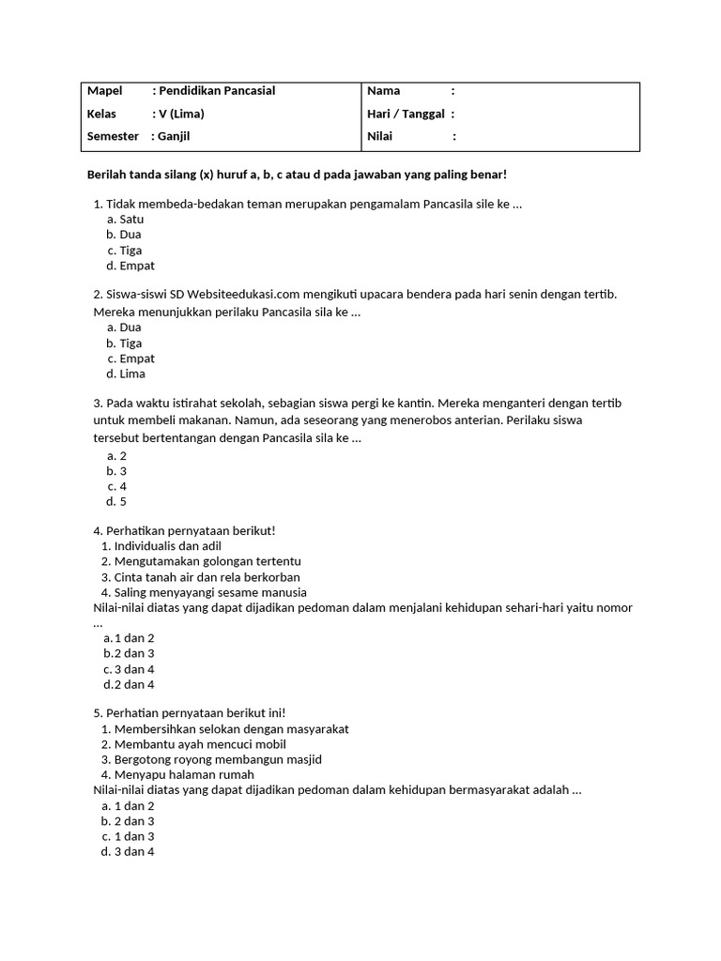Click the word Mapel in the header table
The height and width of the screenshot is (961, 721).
point(104,91)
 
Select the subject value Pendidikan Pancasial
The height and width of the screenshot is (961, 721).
point(217,91)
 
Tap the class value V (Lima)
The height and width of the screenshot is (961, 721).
point(181,114)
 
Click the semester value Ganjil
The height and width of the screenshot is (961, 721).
point(174,136)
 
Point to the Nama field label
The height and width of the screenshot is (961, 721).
point(383,91)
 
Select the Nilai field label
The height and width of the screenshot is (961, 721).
point(379,136)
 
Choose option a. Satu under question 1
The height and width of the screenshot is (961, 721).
point(125,220)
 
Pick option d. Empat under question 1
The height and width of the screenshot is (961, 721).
point(130,266)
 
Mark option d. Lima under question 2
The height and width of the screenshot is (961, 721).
point(126,374)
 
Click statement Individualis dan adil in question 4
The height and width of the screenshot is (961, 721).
point(167,546)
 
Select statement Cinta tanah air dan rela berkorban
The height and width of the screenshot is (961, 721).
point(207,577)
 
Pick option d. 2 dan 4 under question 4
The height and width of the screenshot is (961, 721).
point(130,684)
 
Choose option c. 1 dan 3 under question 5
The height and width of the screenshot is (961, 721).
point(129,836)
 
